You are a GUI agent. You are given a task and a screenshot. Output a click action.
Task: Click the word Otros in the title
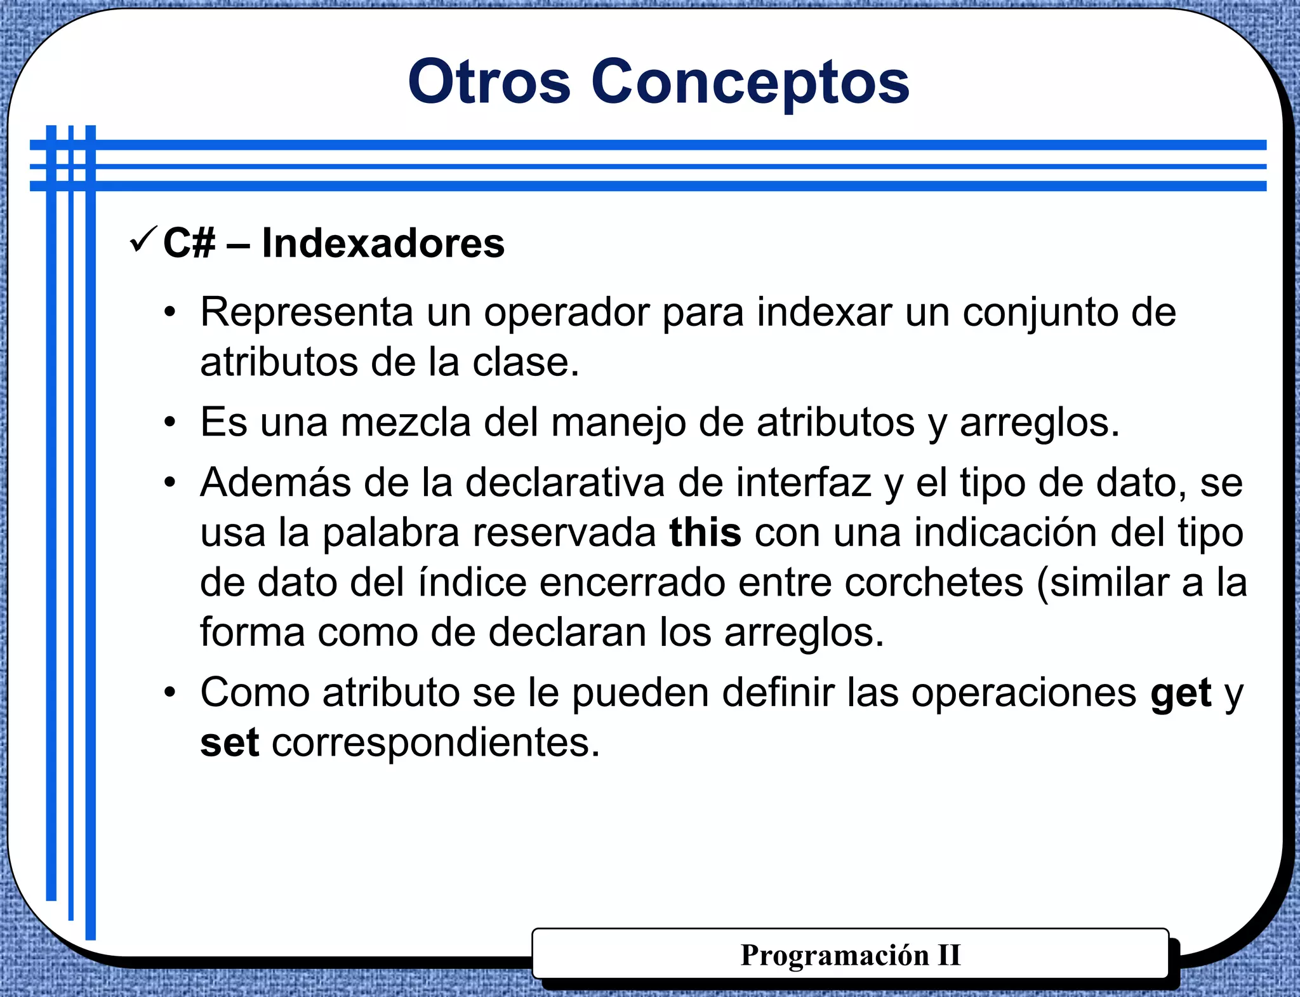pos(489,83)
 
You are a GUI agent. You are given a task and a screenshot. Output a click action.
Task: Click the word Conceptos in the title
pos(750,83)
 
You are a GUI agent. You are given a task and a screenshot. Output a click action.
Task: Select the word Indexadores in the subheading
pos(383,243)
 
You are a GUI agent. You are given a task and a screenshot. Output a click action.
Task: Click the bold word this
pos(705,532)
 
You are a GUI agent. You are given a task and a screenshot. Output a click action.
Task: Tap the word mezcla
pos(406,422)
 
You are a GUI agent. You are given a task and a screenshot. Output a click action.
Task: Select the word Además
pos(275,483)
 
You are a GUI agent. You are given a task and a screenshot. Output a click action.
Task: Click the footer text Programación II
pos(850,955)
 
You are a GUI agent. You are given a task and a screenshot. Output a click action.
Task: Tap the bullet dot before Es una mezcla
pos(169,423)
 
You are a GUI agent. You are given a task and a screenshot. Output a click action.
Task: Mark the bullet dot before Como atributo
pos(169,693)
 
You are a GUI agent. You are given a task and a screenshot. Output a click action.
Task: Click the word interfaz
pos(803,483)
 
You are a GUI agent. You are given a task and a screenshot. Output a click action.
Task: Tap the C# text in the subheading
pos(189,243)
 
